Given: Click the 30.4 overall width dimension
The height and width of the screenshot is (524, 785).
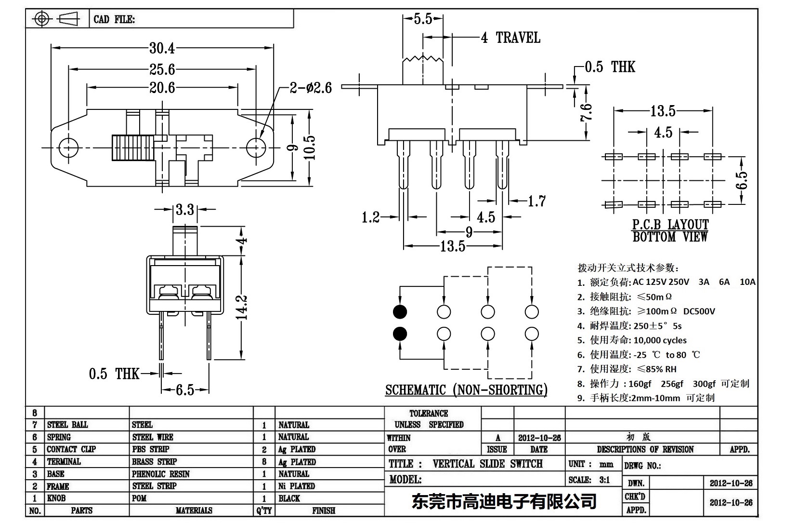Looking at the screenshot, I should [x=162, y=48].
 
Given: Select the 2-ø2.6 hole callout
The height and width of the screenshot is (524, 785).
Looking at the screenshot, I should [x=311, y=88].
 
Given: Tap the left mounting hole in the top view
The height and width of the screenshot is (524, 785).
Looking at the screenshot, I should [x=68, y=147].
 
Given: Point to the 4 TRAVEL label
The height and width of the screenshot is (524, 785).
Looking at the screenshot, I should [x=510, y=38].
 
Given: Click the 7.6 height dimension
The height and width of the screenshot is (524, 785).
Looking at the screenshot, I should [x=586, y=113].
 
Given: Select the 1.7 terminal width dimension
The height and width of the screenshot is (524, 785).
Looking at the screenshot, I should [x=536, y=201].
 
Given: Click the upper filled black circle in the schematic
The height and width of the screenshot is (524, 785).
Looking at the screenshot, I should [x=400, y=312].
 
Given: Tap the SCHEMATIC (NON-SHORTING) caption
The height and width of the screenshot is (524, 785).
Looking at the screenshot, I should [x=466, y=390].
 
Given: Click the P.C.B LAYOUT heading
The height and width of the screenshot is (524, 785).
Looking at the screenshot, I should [x=670, y=225].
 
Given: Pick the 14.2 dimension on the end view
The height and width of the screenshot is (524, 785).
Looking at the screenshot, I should [x=243, y=307].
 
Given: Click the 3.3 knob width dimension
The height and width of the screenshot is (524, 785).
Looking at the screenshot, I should [x=184, y=210].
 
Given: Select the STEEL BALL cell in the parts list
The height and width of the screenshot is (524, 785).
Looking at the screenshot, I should [x=67, y=425].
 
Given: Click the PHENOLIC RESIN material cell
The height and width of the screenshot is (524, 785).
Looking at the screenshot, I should [x=161, y=474].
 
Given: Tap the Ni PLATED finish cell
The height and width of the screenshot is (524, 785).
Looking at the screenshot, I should [x=296, y=486].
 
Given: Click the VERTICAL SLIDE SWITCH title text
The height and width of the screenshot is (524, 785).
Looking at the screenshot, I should [x=487, y=464].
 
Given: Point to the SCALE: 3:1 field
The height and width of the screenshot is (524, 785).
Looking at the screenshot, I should [x=589, y=480].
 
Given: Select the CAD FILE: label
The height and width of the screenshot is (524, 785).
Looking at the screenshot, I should [x=114, y=19].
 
